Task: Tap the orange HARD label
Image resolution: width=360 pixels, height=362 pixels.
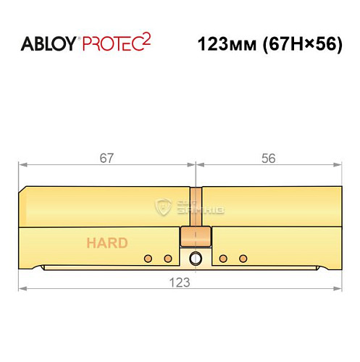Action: tap(106, 243)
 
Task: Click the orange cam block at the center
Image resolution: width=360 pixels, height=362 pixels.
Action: tap(196, 237)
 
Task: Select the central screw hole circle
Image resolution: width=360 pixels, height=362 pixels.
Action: tap(196, 258)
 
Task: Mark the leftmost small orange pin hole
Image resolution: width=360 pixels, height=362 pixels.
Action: tap(148, 258)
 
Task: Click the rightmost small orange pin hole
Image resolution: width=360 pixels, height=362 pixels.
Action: tap(243, 258)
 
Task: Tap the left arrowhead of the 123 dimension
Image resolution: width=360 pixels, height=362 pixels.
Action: tap(22, 288)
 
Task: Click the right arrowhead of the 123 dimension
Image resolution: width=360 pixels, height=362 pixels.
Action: tap(339, 288)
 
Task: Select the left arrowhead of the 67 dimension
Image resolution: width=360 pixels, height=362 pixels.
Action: tap(22, 165)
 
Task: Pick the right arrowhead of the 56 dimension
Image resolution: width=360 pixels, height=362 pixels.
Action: tap(339, 165)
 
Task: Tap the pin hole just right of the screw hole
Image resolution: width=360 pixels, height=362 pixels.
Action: tap(224, 258)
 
